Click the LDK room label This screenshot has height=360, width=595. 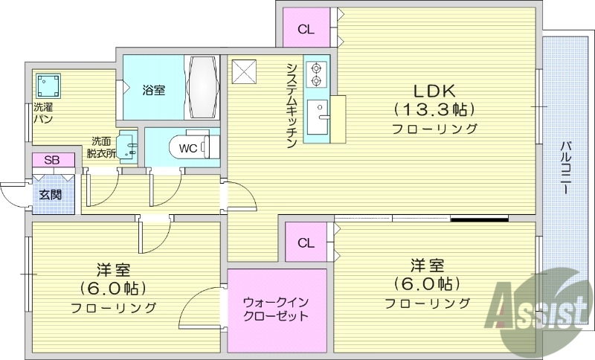click(435, 92)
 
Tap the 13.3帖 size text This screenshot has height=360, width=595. click(435, 110)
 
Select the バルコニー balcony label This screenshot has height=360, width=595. click(566, 168)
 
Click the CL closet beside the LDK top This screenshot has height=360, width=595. click(306, 29)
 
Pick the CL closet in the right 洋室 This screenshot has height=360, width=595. click(306, 243)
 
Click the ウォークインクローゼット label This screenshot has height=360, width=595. click(276, 310)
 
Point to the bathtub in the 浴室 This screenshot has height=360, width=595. click(202, 87)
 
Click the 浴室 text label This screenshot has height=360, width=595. click(154, 89)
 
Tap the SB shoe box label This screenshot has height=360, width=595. click(52, 161)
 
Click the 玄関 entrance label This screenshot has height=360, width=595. click(51, 195)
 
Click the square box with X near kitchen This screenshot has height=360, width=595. click(244, 71)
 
